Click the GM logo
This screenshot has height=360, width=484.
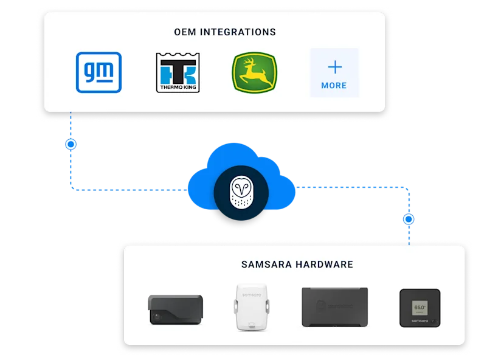pos(99,72)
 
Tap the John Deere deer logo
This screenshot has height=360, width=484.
pos(254,72)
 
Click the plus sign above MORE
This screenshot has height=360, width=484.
pos(334,66)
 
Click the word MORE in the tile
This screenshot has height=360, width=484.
pos(334,86)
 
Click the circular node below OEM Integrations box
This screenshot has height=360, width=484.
pos(71,144)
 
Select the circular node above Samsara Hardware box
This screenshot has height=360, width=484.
pos(409,219)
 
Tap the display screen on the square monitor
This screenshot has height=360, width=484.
pos(418,305)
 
